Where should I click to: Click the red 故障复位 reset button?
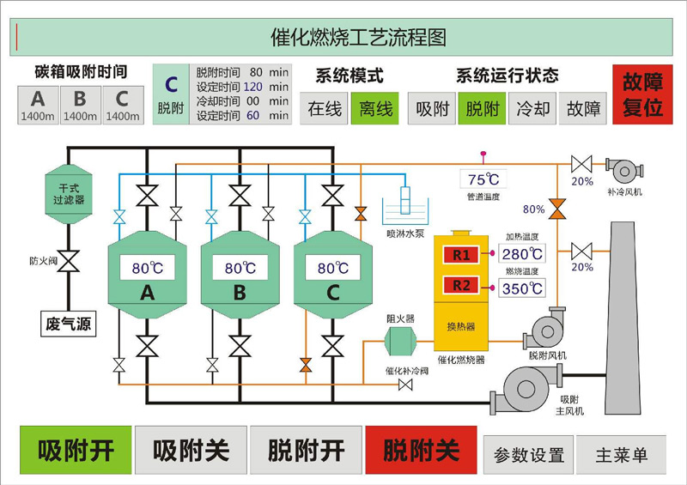point(642,94)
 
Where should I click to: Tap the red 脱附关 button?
point(422,450)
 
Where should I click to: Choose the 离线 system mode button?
point(375,108)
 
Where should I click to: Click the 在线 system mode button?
point(325,108)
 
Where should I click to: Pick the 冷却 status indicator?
point(532,108)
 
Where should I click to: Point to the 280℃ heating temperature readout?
point(522,254)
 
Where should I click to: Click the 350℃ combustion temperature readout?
point(522,288)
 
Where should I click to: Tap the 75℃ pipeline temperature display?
point(483,179)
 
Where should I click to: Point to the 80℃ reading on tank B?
point(240,268)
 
